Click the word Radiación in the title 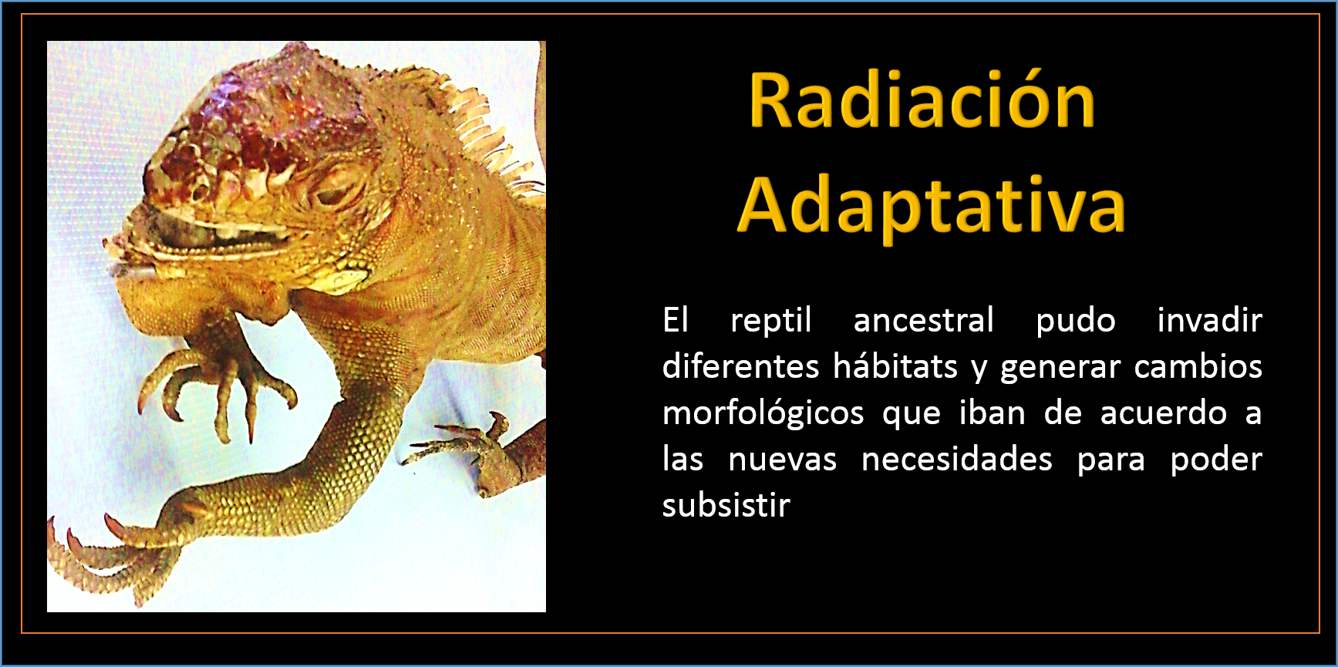pos(922,101)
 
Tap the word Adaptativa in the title pos(932,205)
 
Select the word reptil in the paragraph pos(771,320)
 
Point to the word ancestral pos(924,320)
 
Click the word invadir pos(1209,319)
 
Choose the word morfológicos pos(763,413)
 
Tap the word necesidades pos(956,459)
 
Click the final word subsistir pos(726,505)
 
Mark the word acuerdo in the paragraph pos(1163,413)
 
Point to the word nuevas pos(782,460)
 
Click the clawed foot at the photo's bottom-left pos(116,547)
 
